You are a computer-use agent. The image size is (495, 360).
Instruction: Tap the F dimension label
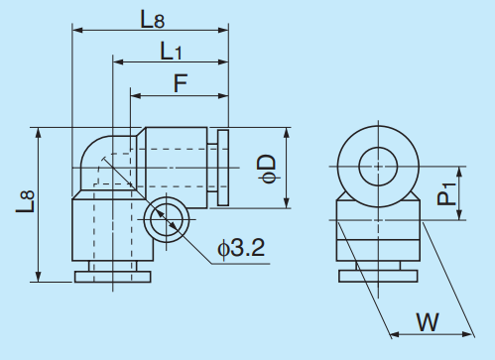tap(181, 83)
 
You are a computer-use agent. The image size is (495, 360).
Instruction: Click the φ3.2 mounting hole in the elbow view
tap(162, 219)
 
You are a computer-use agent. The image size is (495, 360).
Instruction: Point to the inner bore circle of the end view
tap(378, 164)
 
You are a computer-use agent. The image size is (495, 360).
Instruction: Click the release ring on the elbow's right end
tap(221, 169)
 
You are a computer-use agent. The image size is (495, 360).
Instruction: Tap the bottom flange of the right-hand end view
tap(378, 274)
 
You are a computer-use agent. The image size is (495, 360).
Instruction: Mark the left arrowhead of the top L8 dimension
tap(76, 31)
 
